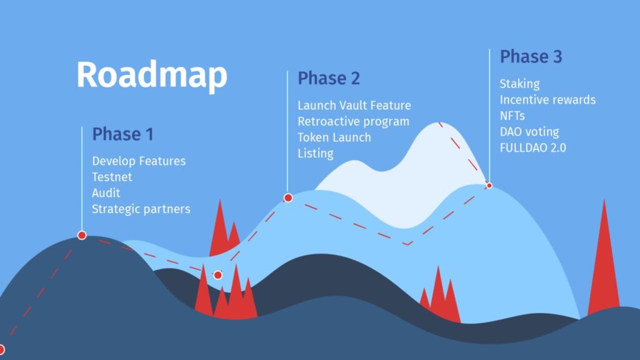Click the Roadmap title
[x=152, y=75]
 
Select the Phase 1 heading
[x=123, y=134]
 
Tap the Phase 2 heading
[x=329, y=78]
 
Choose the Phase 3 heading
[x=531, y=56]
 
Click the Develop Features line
[x=139, y=161]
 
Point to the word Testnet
[x=112, y=177]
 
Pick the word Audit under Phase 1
[x=106, y=193]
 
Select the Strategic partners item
[x=141, y=209]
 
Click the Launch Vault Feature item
[x=354, y=105]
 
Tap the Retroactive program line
[x=353, y=122]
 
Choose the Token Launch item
[x=334, y=137]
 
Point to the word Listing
[x=316, y=154]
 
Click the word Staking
[x=519, y=84]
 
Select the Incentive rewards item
[x=547, y=99]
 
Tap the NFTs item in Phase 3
[x=512, y=116]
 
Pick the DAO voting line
[x=529, y=132]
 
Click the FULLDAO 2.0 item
[x=532, y=147]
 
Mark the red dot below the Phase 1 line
[x=82, y=235]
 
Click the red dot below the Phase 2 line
[x=288, y=198]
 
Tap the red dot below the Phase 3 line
[x=489, y=186]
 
